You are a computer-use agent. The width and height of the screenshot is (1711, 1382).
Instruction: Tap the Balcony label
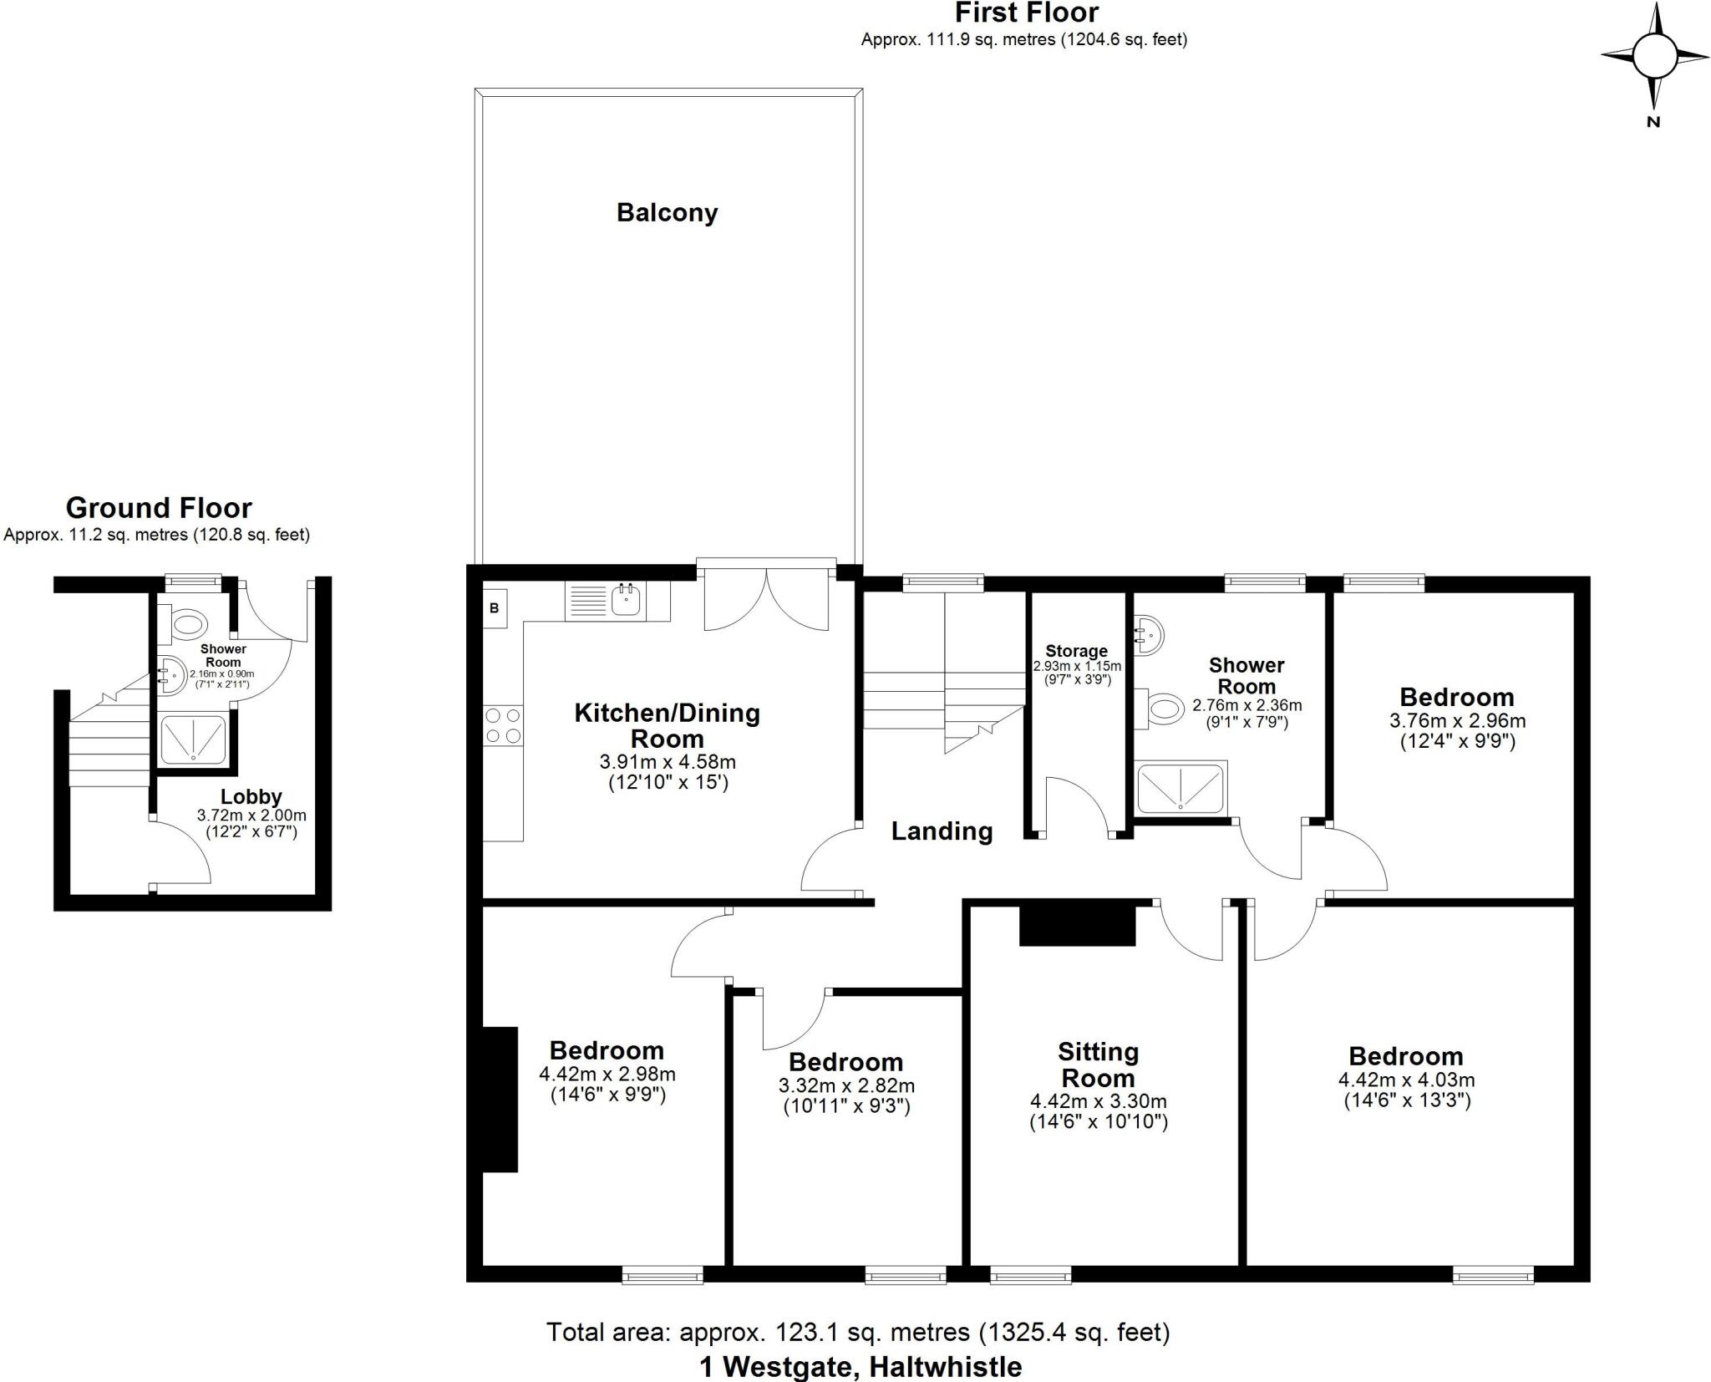[x=667, y=212]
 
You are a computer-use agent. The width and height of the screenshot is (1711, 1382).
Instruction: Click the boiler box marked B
[x=495, y=608]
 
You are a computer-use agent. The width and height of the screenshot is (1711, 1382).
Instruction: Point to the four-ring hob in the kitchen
[x=503, y=725]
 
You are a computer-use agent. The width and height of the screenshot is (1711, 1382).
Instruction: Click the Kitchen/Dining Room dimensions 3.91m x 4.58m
[x=668, y=762]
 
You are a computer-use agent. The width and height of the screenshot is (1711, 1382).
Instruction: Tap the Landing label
[x=942, y=831]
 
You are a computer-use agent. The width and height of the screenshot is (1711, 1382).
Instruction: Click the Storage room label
[x=1076, y=651]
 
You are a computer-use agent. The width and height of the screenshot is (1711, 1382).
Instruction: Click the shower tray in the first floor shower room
[x=1180, y=786]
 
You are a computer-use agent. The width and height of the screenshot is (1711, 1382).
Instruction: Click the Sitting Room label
[x=1098, y=1064]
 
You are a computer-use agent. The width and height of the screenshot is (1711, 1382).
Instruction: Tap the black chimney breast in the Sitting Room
[x=1077, y=923]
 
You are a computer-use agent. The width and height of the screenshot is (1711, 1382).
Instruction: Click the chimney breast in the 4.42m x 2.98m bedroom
[x=500, y=1098]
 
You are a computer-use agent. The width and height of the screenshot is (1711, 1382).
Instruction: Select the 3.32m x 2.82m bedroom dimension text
[x=846, y=1086]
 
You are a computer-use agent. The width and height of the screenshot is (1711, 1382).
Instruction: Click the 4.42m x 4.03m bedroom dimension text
[x=1406, y=1080]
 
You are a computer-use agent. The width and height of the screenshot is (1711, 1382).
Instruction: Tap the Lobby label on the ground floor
[x=251, y=796]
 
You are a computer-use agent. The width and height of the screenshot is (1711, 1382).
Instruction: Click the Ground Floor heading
[x=159, y=508]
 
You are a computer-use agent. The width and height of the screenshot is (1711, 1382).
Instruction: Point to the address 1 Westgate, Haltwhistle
[x=860, y=1367]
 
